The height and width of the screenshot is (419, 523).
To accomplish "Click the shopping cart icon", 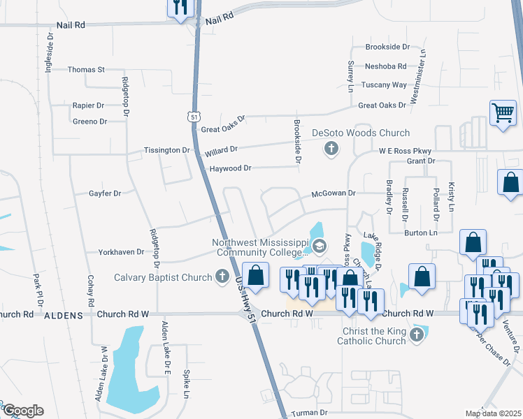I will tap(503, 112).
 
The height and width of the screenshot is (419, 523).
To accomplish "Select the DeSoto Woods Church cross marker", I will tap(331, 148).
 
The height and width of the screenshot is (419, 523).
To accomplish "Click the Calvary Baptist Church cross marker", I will tap(222, 277).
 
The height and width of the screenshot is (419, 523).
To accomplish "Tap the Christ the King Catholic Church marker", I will tap(417, 335).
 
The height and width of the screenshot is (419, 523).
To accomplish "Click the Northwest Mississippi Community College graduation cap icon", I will tap(320, 245).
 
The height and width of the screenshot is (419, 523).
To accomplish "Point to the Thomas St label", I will tap(86, 70).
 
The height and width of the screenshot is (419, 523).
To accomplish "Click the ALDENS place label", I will tap(64, 316).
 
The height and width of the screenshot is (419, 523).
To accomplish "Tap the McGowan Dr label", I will tap(334, 193).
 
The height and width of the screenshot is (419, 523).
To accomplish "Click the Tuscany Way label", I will tap(384, 85).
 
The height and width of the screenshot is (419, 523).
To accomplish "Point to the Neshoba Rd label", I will tap(385, 67).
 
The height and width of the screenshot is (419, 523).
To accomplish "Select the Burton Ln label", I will tap(422, 233).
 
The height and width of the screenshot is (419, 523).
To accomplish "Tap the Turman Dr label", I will tap(309, 413).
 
